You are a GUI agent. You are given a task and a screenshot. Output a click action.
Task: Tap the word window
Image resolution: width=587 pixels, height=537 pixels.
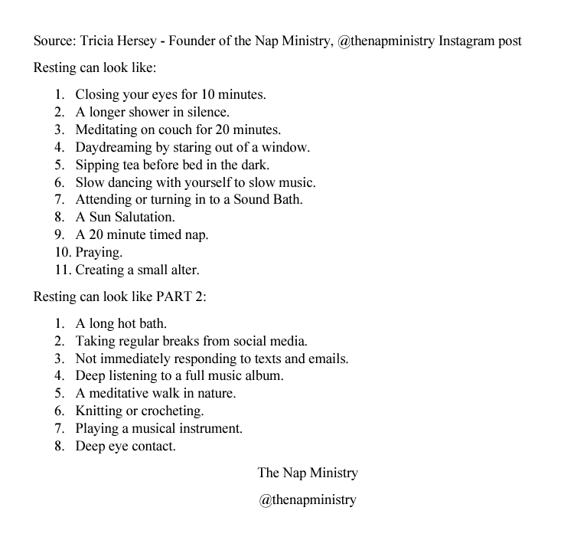(x=286, y=147)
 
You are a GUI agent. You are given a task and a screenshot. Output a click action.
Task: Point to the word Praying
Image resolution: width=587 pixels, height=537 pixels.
(x=99, y=252)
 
